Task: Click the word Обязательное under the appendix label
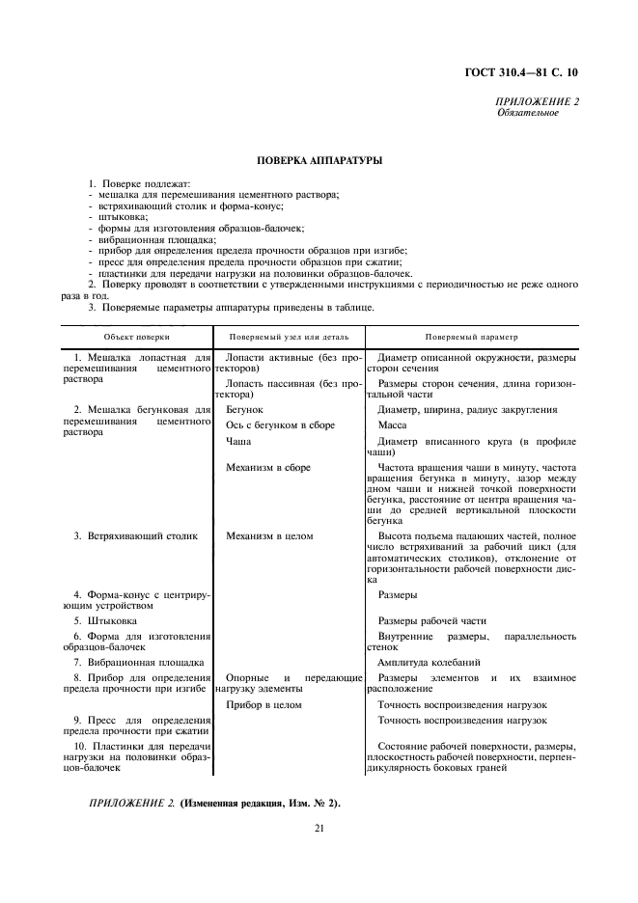528,113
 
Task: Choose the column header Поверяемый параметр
471,337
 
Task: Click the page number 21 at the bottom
318,828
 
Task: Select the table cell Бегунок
244,410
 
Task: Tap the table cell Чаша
237,441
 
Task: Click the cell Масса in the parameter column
392,425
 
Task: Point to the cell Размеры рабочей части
431,621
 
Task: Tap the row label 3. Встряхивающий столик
134,535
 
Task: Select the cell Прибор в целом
264,705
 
